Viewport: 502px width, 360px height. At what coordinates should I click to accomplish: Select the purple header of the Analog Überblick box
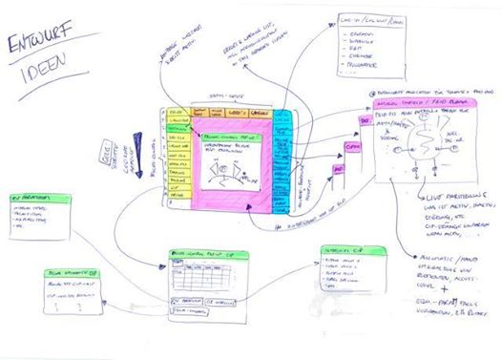[419, 102]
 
